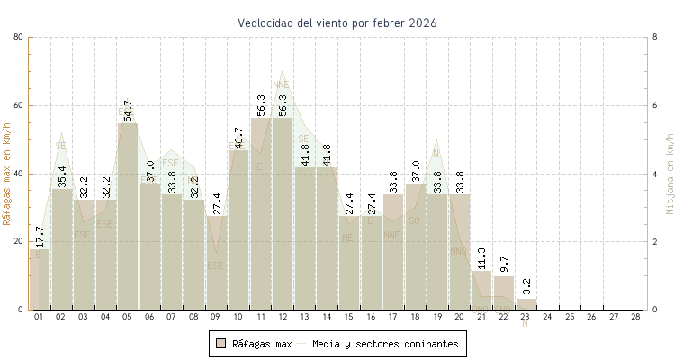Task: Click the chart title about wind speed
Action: click(337, 22)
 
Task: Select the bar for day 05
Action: click(128, 216)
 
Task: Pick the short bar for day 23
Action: click(526, 304)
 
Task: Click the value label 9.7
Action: click(505, 265)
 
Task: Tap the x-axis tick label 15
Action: click(347, 318)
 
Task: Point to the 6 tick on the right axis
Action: click(655, 105)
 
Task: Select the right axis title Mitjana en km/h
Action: click(669, 175)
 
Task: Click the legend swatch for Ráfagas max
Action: click(220, 344)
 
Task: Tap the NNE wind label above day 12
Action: click(281, 85)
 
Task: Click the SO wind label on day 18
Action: click(415, 220)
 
